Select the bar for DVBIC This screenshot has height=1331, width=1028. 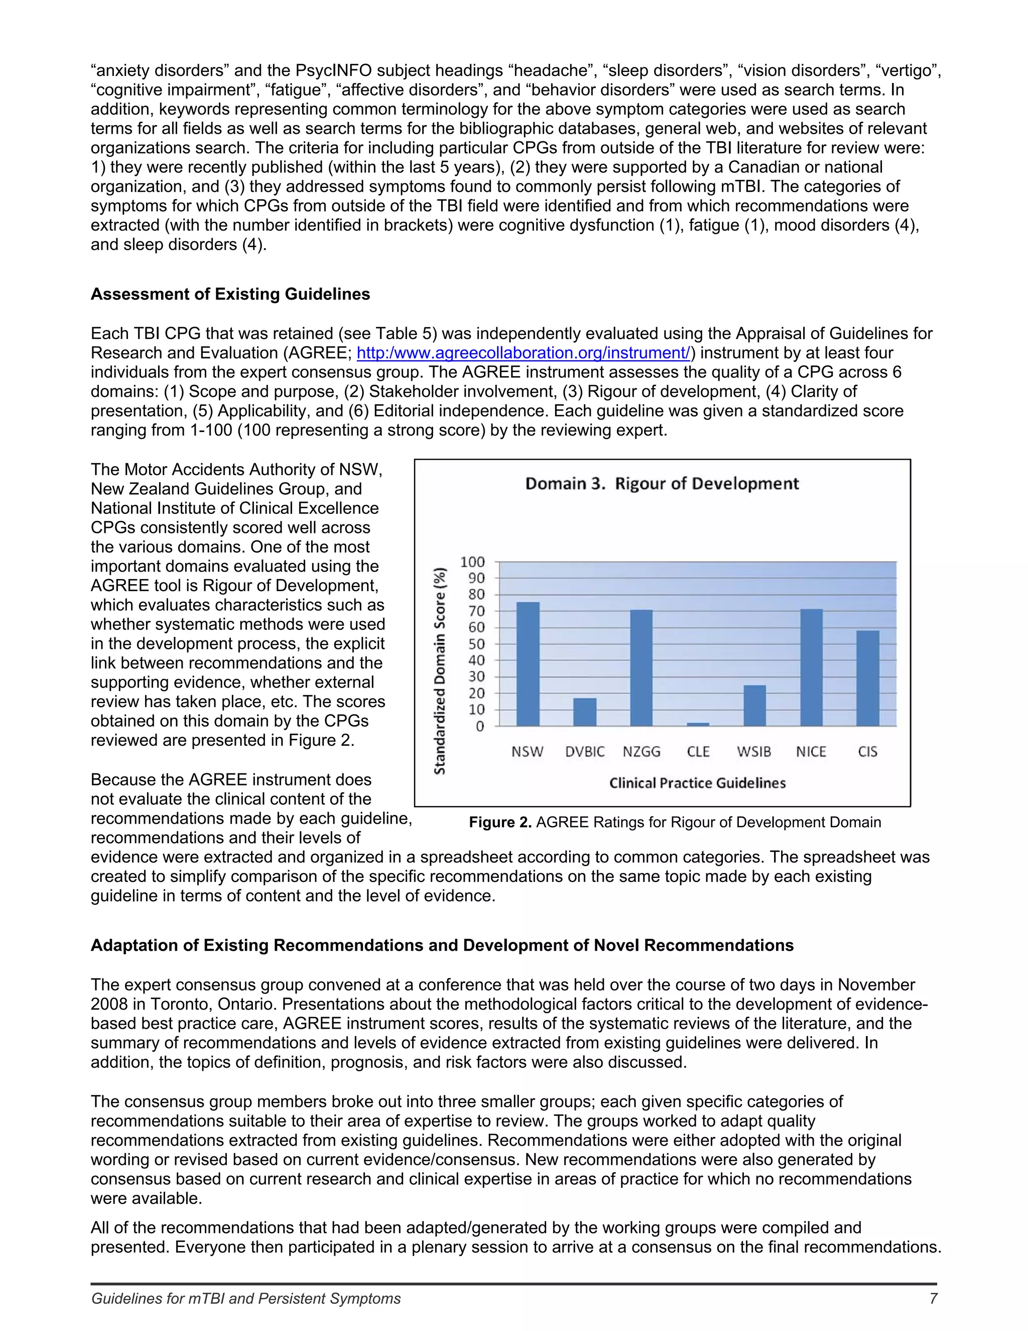coord(585,712)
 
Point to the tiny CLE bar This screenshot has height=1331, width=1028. coord(698,724)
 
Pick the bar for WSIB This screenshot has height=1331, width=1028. coord(754,705)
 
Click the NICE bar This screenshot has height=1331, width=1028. coord(811,668)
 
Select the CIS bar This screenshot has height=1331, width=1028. coord(868,678)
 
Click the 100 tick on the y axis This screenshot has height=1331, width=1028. coord(472,562)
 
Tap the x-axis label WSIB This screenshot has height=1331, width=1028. coord(754,751)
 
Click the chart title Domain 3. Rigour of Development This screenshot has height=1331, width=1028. coord(662,484)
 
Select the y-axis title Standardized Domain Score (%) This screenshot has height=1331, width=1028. coord(440,671)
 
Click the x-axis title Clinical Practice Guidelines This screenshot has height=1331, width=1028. coord(697,783)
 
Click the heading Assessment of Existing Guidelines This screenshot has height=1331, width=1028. coord(230,294)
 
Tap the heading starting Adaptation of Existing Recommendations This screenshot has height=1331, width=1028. coord(442,945)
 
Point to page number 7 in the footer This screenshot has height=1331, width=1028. coord(933,1299)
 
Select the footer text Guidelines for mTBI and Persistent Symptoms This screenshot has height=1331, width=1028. coord(246,1299)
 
